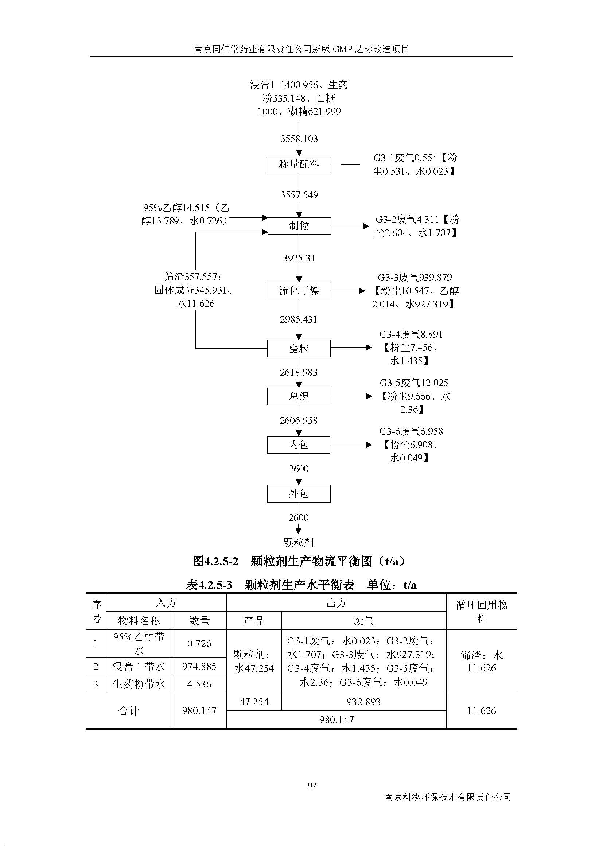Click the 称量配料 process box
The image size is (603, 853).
pos(299,164)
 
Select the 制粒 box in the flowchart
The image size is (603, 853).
pos(299,226)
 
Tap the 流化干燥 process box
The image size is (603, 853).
pos(299,291)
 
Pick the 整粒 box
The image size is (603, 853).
pos(299,349)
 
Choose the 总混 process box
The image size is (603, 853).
pos(299,396)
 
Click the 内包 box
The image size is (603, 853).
pos(299,445)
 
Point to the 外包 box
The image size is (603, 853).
pos(299,494)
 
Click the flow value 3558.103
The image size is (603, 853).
pos(299,139)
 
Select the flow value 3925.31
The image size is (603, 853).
pos(299,258)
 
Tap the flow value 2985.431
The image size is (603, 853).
pos(299,319)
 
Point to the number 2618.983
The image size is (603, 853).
pos(299,372)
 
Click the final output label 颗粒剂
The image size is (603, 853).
pos(299,542)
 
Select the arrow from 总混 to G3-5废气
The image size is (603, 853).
pos(351,396)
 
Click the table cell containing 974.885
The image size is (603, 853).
pos(199,667)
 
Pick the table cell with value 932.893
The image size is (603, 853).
pos(363,702)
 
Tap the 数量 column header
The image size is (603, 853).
pos(199,620)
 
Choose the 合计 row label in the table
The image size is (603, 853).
pos(128,711)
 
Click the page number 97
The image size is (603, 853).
pos(312,786)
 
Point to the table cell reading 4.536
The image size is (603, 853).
pos(199,684)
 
